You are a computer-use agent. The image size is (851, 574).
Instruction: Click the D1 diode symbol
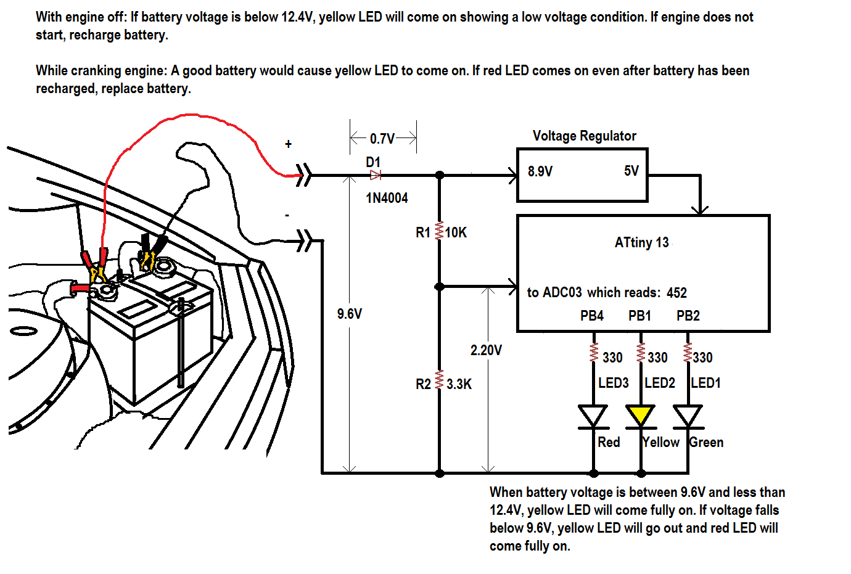375,176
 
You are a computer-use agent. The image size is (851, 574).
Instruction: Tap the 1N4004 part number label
387,198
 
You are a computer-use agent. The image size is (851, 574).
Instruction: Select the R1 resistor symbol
439,231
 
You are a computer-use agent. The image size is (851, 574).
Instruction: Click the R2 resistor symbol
439,379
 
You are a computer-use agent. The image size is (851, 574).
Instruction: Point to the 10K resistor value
456,232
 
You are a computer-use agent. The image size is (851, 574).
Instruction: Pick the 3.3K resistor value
459,384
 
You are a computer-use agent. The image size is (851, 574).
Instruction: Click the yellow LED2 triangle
640,415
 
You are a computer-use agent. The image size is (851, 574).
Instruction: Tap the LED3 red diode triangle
593,416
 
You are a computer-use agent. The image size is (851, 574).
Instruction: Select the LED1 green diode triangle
688,416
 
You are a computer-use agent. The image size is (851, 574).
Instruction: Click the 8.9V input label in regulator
540,171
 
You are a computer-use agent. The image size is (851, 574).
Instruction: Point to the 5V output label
631,171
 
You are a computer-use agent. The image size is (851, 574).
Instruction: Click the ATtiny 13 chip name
641,242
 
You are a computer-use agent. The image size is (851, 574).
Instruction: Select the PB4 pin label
592,316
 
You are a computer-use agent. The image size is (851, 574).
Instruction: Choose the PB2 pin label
688,316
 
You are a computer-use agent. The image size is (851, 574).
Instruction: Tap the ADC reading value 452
676,293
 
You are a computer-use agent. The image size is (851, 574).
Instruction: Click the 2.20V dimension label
486,350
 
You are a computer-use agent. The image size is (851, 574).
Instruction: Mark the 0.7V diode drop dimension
382,138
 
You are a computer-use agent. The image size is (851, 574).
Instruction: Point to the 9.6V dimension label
350,314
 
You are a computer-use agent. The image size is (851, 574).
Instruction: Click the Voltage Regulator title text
584,136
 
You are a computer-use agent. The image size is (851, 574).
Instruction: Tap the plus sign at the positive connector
288,144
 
